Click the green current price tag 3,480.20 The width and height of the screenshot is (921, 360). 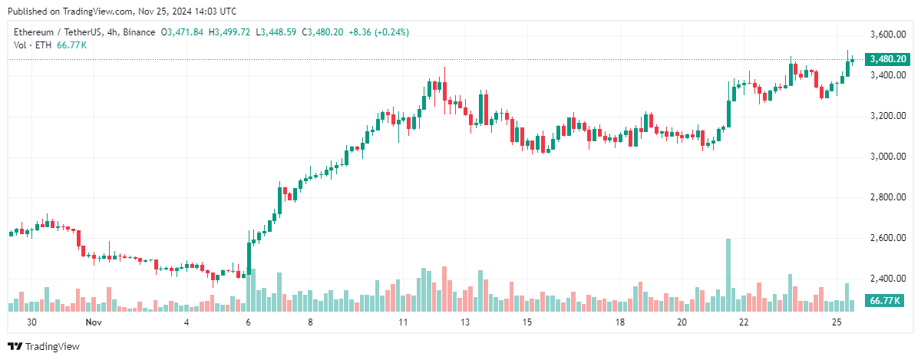tap(888, 59)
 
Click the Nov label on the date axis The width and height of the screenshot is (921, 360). tap(94, 323)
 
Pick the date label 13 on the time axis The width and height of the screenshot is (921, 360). tap(465, 323)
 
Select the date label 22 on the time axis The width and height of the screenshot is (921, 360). tap(744, 323)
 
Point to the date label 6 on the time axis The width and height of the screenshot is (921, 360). tap(249, 323)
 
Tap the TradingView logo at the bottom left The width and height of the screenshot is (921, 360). tap(44, 347)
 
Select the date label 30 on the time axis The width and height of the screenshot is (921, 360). tap(32, 323)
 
